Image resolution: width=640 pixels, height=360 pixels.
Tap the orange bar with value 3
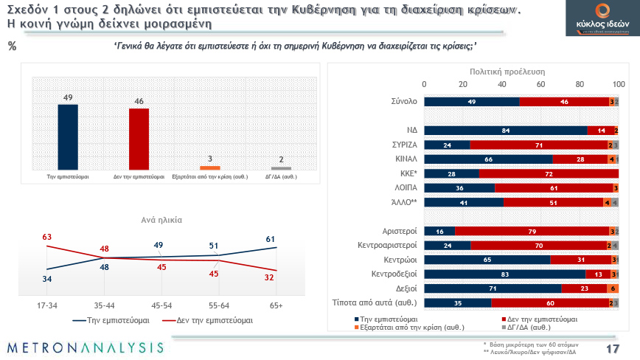[210, 167]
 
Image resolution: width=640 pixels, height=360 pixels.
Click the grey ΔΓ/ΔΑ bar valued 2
[281, 168]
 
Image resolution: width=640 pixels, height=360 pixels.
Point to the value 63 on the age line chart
[46, 238]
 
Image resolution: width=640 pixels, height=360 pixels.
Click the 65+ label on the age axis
[276, 304]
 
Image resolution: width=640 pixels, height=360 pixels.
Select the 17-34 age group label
[46, 304]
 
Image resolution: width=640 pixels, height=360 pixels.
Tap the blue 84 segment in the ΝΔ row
[506, 130]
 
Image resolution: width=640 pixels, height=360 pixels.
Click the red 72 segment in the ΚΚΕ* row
[549, 173]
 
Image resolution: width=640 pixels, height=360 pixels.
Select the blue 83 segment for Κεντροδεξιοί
[505, 274]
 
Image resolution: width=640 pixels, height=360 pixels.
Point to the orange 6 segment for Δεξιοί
[613, 288]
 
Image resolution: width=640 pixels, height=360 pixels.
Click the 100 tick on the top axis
[619, 83]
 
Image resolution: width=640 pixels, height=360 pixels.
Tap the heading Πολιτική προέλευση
[507, 72]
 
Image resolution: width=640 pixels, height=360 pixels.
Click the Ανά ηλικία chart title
[161, 220]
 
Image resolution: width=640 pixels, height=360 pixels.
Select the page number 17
[612, 348]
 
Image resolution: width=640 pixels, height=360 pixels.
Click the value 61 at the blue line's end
[271, 238]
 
